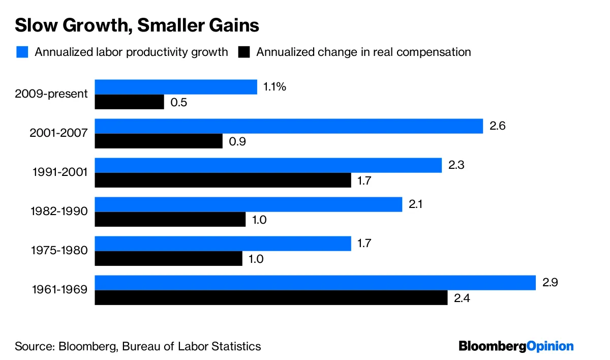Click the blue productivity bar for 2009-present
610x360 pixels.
click(x=176, y=87)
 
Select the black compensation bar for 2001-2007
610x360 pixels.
click(x=159, y=141)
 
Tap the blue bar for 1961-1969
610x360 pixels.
click(x=315, y=283)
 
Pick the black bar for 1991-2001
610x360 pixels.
click(x=223, y=181)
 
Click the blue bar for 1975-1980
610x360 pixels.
click(x=223, y=244)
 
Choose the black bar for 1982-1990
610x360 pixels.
click(x=170, y=220)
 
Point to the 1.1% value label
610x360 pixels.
click(x=274, y=87)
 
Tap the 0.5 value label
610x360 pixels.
click(x=179, y=102)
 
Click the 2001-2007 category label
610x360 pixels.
click(x=58, y=133)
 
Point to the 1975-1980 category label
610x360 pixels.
click(x=58, y=251)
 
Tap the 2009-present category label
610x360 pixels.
click(x=51, y=94)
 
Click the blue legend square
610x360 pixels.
click(x=22, y=52)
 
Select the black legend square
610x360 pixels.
click(x=244, y=52)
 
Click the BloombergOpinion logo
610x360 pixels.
click(x=516, y=346)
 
